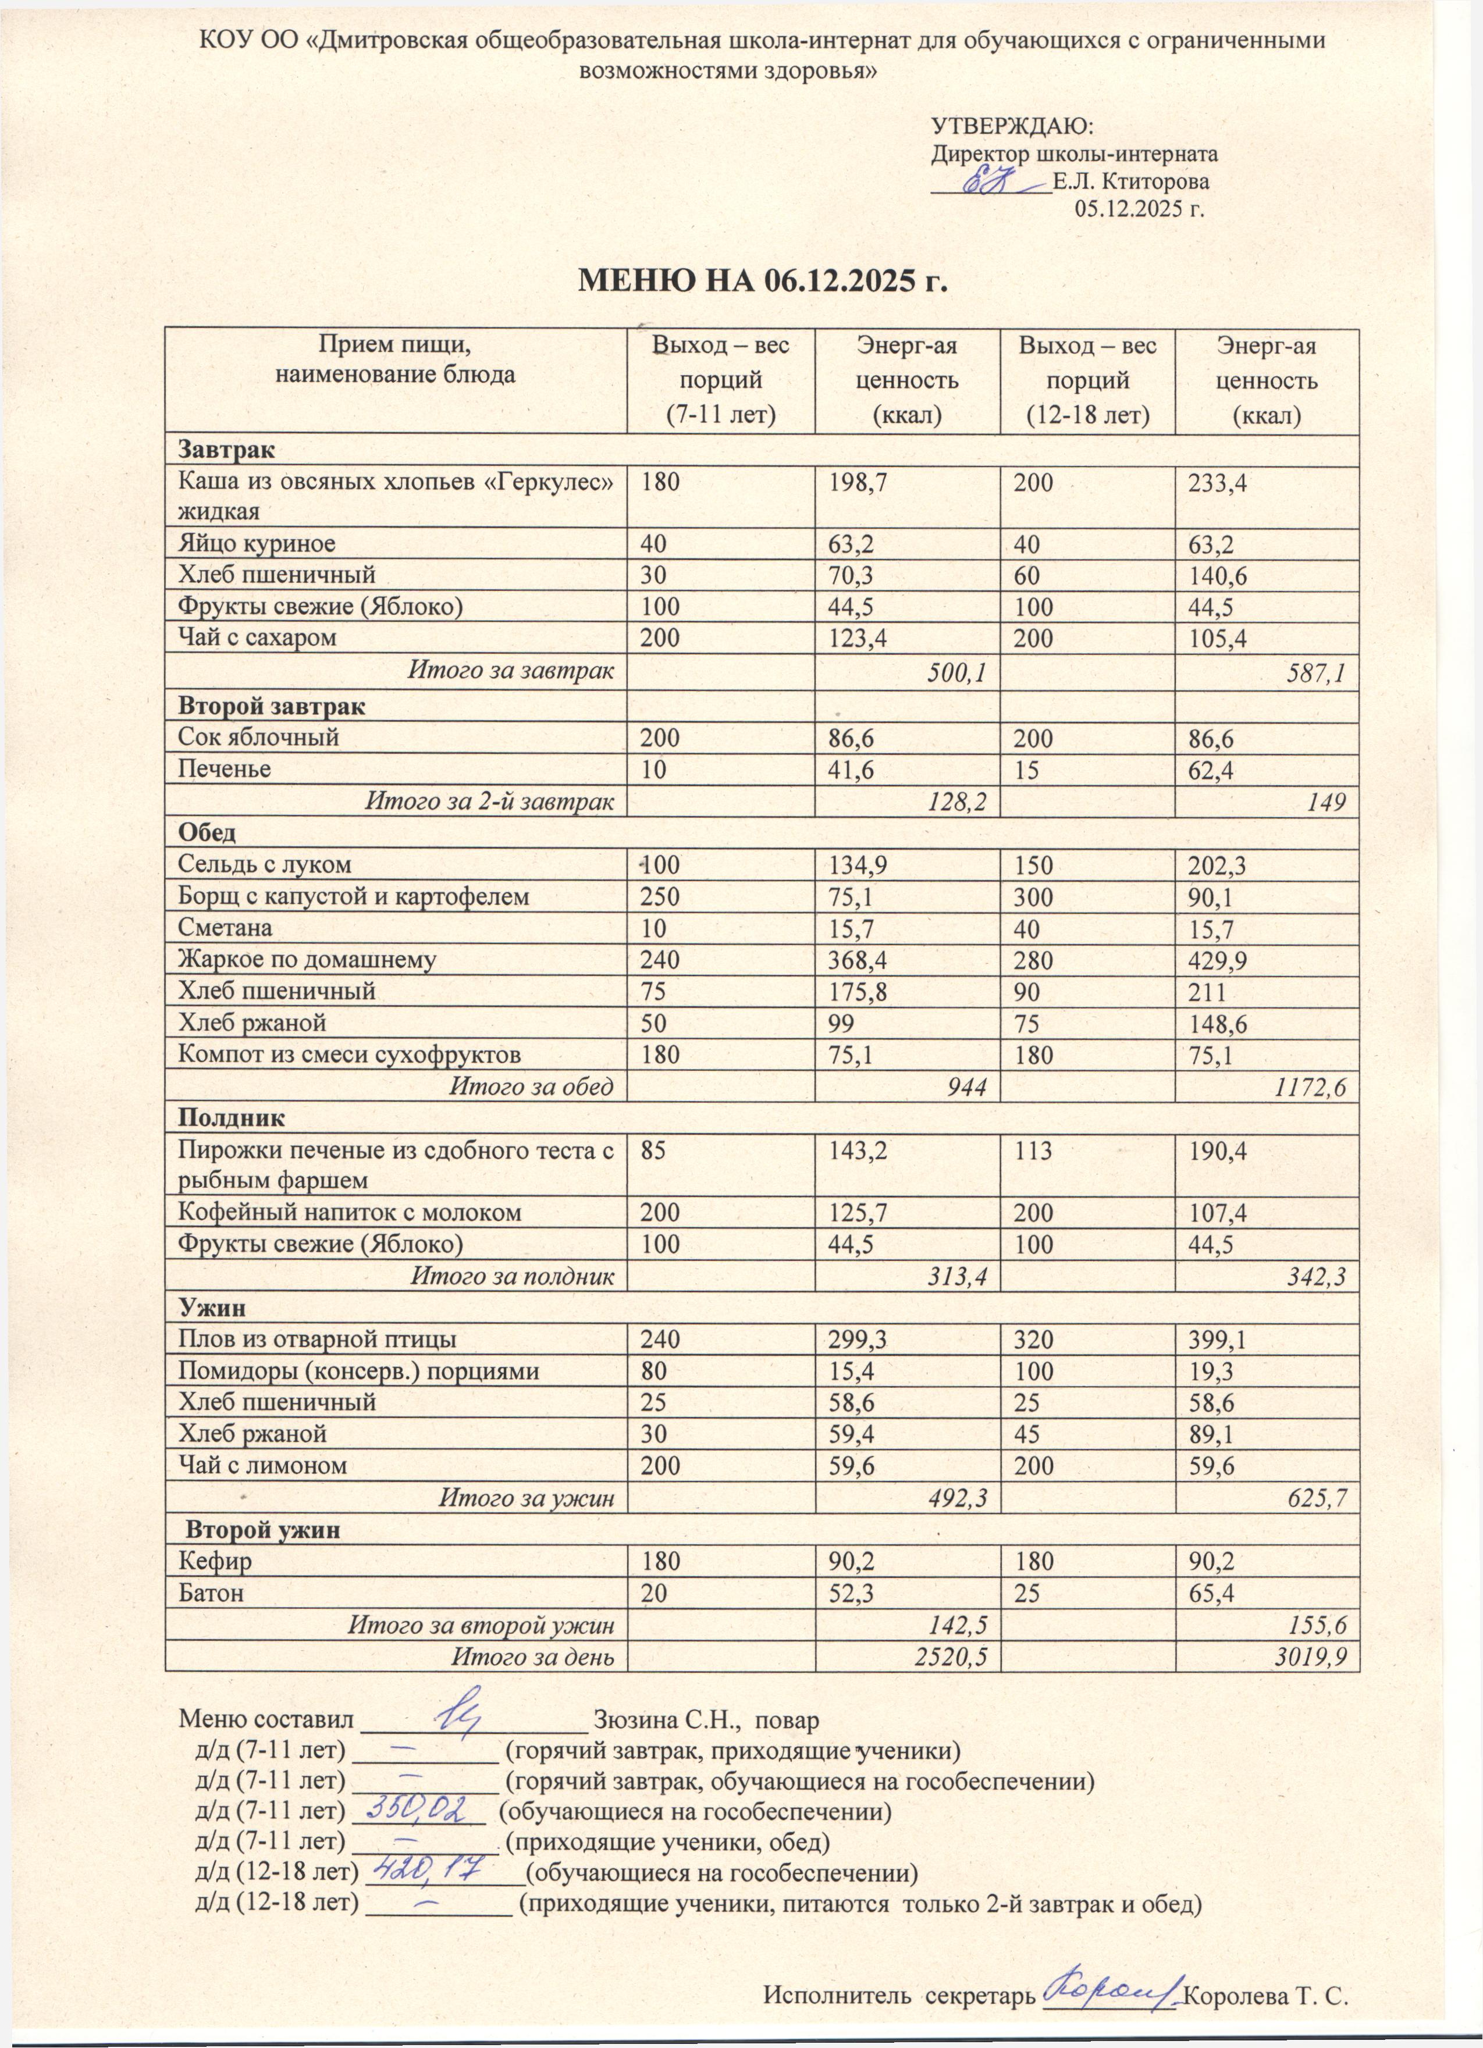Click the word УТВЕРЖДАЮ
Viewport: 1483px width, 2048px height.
1012,124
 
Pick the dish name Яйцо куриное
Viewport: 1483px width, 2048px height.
257,544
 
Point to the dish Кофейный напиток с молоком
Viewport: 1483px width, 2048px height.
350,1212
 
